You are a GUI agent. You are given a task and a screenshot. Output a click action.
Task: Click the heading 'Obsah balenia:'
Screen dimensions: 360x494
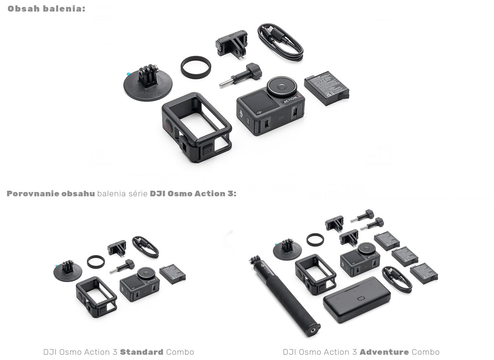tap(46, 9)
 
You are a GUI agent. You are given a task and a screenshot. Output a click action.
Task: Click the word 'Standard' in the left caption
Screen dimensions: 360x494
tap(142, 352)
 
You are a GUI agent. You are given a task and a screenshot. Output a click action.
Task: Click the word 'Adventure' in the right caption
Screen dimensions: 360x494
tap(384, 352)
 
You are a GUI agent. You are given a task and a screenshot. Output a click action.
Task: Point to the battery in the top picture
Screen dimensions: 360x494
tap(326, 90)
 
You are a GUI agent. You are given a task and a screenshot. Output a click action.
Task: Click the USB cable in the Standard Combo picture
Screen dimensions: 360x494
tap(145, 247)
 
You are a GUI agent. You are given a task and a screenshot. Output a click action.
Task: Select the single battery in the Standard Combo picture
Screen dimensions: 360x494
tap(172, 273)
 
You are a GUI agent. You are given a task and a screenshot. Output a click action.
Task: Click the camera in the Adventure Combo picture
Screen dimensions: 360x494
tap(360, 259)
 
